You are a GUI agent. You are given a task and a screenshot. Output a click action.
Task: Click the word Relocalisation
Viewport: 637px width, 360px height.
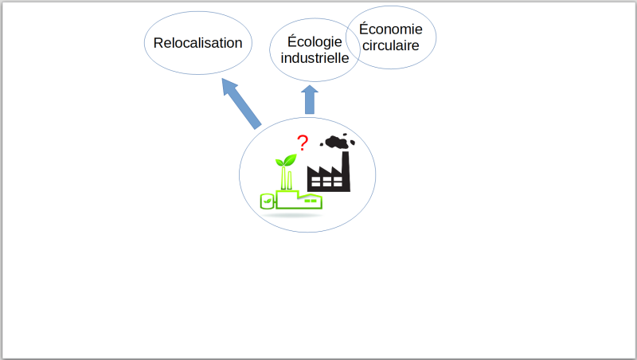(197, 43)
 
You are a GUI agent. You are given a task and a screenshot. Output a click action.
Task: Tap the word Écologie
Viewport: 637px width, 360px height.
(315, 42)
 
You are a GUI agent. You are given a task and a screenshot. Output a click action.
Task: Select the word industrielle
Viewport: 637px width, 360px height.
(315, 58)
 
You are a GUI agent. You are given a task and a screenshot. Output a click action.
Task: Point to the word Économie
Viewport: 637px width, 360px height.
(391, 29)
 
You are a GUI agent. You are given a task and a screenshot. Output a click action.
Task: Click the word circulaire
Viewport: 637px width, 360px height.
(391, 45)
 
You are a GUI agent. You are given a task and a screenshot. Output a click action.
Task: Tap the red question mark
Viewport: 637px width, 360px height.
(303, 143)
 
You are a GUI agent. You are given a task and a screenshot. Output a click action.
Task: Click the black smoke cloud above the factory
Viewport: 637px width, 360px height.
(337, 142)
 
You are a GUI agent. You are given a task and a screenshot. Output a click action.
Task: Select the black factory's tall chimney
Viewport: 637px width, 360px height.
(346, 170)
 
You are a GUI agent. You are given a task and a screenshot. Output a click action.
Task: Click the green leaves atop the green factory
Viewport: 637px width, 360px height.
(286, 161)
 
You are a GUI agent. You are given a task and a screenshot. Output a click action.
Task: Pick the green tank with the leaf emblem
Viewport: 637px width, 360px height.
(267, 202)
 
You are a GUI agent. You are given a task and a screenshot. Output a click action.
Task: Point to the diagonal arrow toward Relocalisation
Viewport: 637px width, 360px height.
(241, 104)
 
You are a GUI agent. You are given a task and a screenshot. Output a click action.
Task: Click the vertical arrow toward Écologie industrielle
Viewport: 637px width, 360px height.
(310, 100)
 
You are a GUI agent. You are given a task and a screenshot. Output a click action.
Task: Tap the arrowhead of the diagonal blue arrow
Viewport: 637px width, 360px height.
(229, 87)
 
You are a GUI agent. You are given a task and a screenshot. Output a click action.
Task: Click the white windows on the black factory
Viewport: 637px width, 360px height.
(327, 182)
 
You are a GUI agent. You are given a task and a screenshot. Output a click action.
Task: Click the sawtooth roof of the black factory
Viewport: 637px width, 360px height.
(324, 170)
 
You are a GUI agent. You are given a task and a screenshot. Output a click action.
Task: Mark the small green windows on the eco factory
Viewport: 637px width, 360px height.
(311, 201)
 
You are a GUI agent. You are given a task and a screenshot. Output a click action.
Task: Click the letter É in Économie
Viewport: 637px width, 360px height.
(364, 28)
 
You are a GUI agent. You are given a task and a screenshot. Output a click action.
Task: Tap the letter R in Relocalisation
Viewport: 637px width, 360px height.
(158, 43)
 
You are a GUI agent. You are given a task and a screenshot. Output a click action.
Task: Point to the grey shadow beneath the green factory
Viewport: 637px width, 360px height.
(291, 214)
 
